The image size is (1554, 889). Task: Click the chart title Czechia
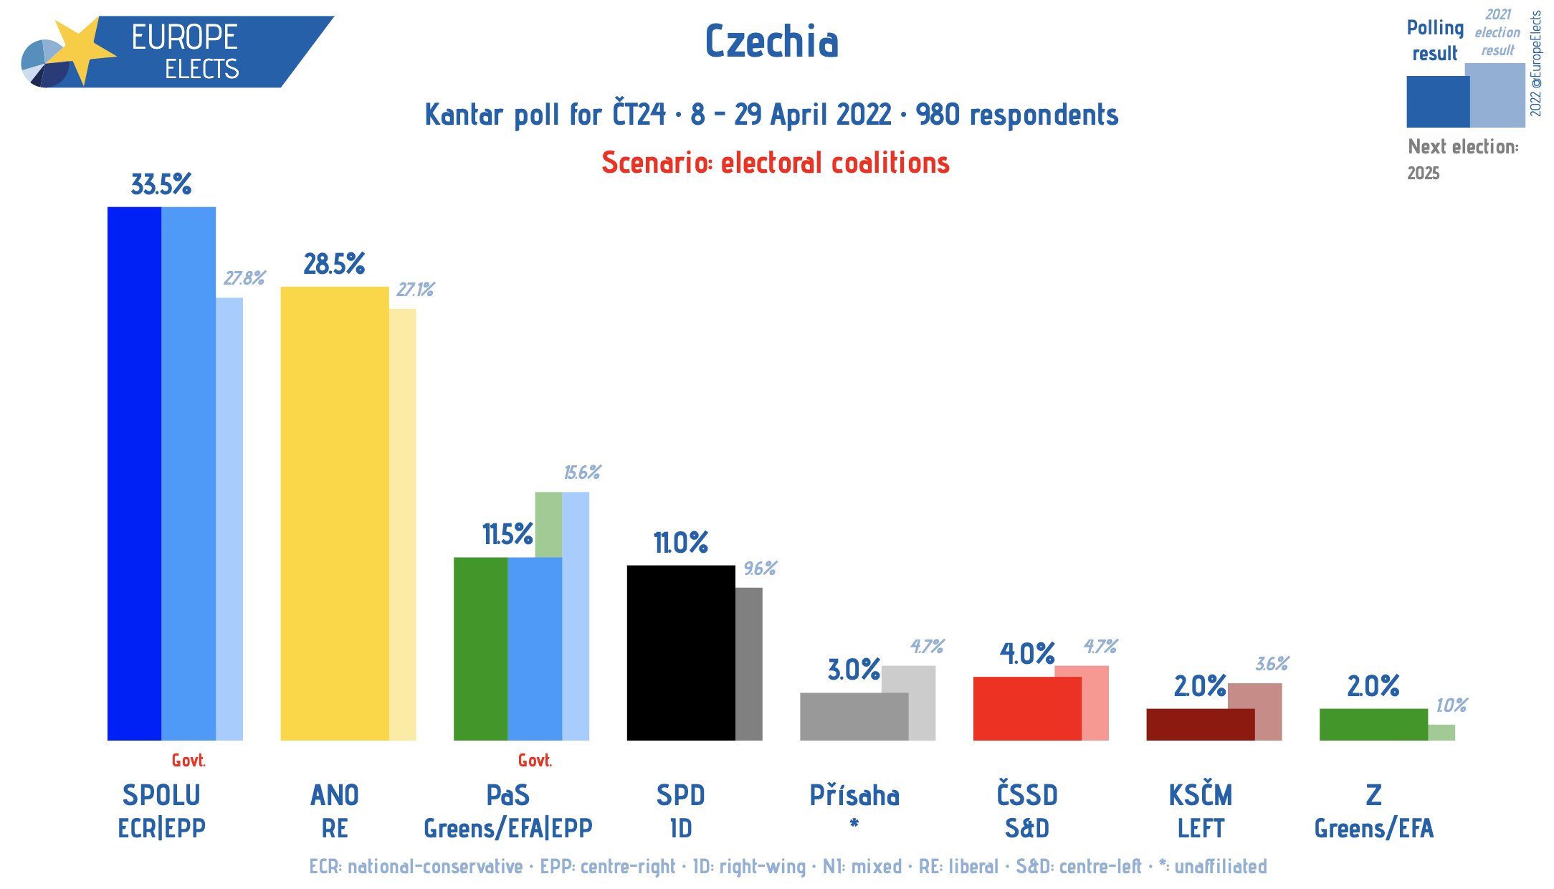click(771, 42)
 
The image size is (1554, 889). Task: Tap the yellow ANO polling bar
click(334, 513)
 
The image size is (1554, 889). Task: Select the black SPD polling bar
click(680, 652)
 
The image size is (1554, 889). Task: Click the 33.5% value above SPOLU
click(161, 185)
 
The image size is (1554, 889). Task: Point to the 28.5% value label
click(334, 265)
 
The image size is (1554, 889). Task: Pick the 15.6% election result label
click(582, 472)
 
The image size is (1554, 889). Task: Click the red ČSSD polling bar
click(1026, 708)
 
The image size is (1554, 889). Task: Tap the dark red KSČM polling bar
click(1200, 724)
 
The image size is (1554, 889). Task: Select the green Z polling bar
click(1373, 724)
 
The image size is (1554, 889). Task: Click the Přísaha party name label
click(854, 796)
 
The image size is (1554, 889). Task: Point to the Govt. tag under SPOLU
click(189, 761)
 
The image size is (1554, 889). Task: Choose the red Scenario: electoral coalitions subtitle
click(776, 163)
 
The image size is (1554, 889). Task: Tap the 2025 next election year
click(1423, 173)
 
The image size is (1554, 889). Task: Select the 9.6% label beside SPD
click(760, 569)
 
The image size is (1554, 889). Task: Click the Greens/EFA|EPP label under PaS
click(507, 829)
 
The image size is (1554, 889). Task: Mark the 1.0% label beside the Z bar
click(1451, 705)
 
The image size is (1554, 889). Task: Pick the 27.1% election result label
click(416, 290)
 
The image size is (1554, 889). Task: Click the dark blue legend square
click(1437, 102)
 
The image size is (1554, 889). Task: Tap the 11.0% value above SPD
click(680, 543)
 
